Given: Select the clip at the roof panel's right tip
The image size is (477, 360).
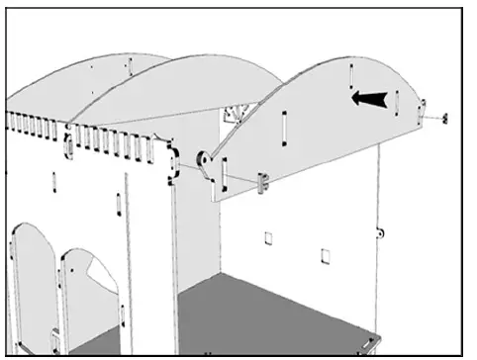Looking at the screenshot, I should click(423, 108).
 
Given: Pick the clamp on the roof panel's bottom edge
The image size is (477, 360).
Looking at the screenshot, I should click(264, 182).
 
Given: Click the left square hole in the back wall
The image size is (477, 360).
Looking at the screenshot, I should click(268, 238).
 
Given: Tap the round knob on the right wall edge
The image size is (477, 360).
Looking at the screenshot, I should click(381, 233).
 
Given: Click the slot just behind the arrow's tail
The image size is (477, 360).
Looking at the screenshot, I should click(396, 100).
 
